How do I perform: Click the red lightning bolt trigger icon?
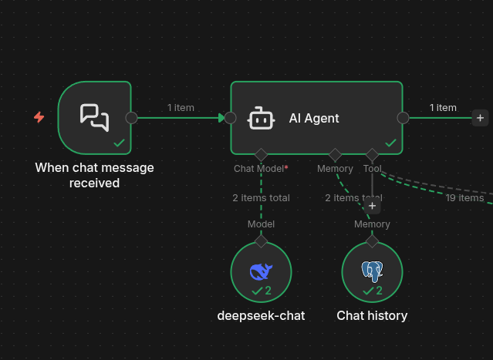coord(39,117)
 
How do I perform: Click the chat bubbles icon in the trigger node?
coord(94,117)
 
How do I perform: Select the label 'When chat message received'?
coord(94,175)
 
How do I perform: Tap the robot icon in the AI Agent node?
coord(261,119)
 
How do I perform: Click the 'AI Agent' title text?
coord(314,118)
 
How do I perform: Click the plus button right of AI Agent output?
coord(480,118)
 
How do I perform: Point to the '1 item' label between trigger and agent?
coord(181,107)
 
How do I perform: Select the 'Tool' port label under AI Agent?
coord(372,168)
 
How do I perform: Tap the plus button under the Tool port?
coord(373,205)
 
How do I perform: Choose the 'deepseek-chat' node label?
coord(261,315)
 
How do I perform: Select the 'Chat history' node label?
coord(372,315)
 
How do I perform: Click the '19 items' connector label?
coord(464,198)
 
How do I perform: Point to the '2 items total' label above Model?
coord(261,197)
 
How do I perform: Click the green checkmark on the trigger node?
coord(119,143)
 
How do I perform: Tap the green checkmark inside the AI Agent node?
coord(390,143)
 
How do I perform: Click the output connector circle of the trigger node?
coord(131,118)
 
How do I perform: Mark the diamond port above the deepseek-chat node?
coord(261,241)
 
